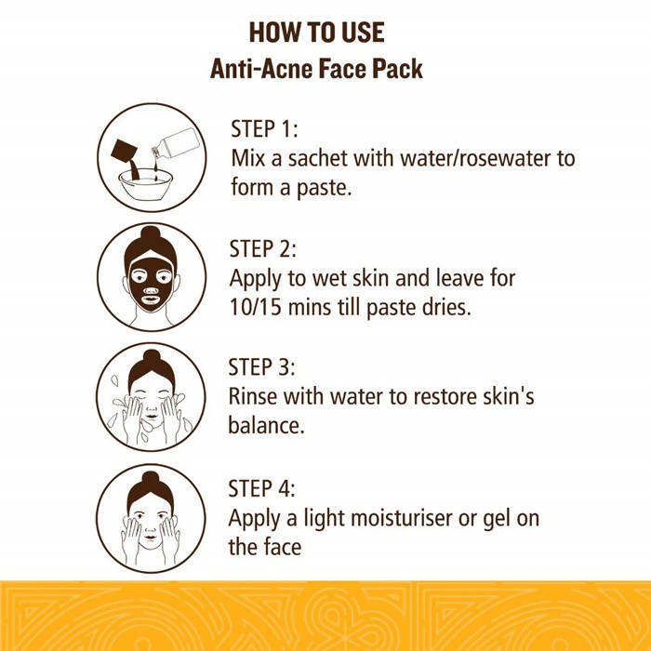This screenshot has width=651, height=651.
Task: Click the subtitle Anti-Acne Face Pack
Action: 317,69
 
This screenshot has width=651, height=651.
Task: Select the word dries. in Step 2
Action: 445,307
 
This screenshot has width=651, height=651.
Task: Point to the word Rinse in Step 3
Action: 257,397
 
